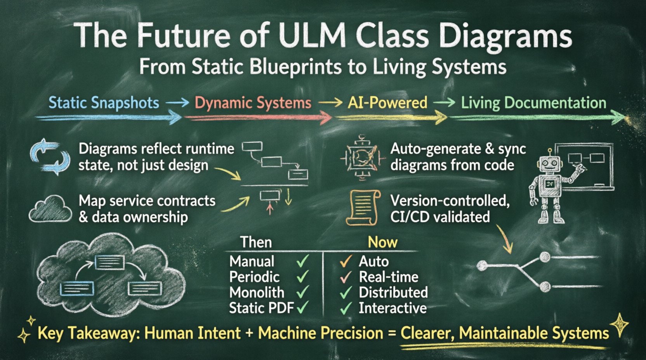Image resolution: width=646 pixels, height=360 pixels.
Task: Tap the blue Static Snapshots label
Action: tap(104, 103)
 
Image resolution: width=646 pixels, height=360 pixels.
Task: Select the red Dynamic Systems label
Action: tap(253, 103)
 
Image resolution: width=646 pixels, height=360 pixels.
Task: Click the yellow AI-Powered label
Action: tap(387, 103)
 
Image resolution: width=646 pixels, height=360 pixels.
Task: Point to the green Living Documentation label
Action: tap(533, 103)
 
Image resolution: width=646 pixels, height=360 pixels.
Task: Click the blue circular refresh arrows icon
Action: tap(50, 157)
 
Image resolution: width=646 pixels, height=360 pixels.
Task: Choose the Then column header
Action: tap(256, 242)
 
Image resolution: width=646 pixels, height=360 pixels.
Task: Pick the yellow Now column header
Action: tap(382, 242)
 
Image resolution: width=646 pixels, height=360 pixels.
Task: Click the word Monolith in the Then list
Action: tap(257, 292)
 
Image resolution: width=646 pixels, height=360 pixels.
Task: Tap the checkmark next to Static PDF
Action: tap(302, 308)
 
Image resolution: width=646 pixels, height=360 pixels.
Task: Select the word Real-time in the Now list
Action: tap(389, 277)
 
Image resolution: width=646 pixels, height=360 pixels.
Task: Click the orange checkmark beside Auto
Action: tap(346, 261)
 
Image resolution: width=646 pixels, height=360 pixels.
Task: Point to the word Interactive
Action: tap(392, 308)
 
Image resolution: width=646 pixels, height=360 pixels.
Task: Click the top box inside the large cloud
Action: tap(109, 262)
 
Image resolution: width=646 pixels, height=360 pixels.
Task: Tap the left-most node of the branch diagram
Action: tap(482, 266)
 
